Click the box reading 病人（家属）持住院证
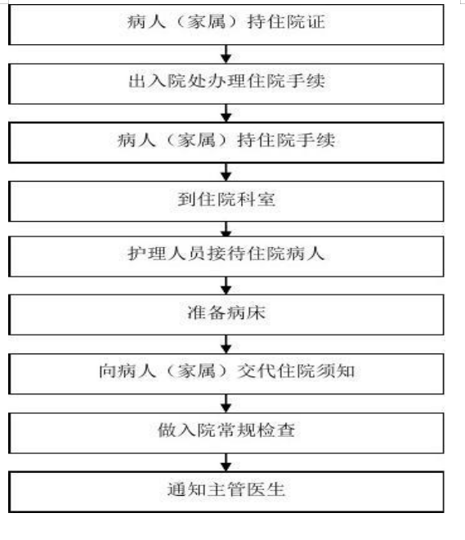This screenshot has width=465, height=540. click(226, 25)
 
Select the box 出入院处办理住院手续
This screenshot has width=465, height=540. click(226, 83)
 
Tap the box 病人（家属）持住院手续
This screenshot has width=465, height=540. click(226, 142)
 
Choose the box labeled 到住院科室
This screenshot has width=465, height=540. click(226, 201)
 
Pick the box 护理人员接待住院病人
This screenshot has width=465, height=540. click(226, 256)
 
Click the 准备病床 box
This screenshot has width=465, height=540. click(226, 314)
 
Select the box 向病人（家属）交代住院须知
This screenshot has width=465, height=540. click(226, 374)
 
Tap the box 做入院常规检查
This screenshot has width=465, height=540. click(226, 433)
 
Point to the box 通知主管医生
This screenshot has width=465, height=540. click(226, 492)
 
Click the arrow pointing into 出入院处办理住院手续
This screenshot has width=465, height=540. click(226, 54)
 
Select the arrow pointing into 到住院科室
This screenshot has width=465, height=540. click(226, 172)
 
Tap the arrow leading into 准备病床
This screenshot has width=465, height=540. click(226, 286)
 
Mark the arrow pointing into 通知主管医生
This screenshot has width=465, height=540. click(226, 462)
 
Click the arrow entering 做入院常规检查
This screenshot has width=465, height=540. click(226, 403)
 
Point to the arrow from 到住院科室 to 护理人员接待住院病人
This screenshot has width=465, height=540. click(226, 228)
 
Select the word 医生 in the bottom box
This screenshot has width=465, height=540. click(266, 489)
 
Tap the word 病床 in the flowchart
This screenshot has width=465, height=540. click(245, 313)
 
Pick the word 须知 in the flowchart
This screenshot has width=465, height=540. click(335, 371)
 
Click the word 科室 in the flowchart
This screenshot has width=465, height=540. click(256, 199)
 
